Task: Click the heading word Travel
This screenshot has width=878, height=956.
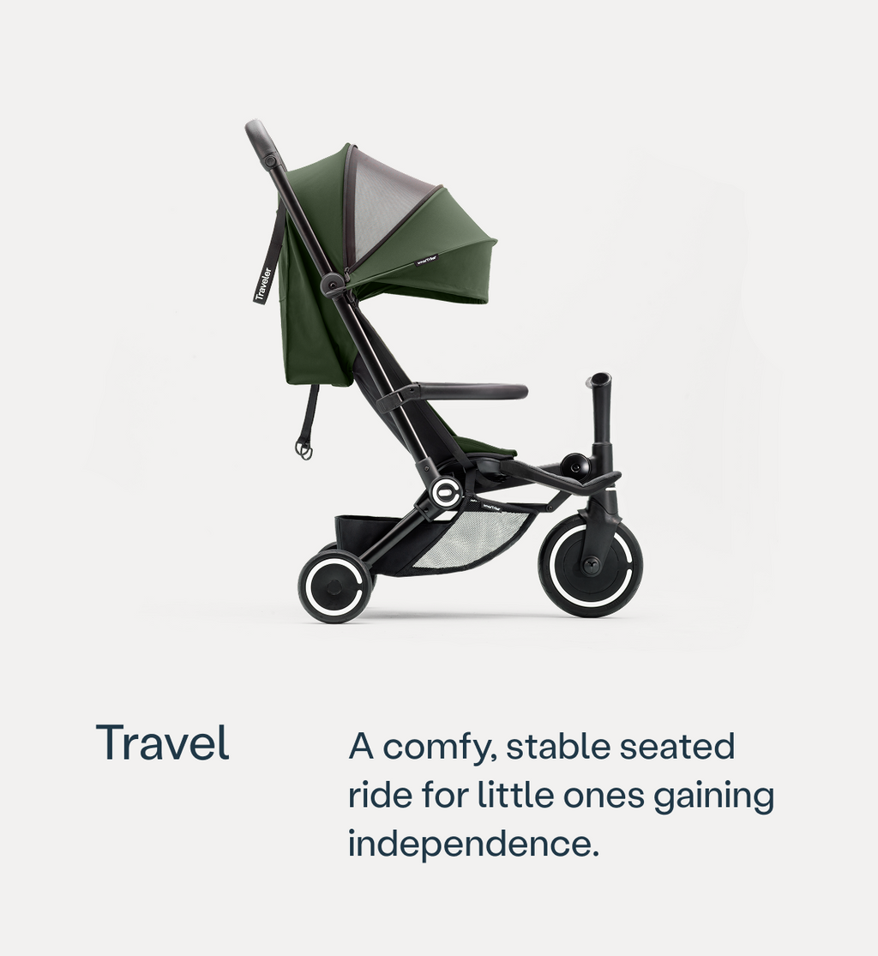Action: click(162, 743)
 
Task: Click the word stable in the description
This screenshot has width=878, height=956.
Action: click(556, 746)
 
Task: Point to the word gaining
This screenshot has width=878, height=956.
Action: click(713, 797)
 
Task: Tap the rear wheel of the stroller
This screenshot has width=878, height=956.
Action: click(334, 586)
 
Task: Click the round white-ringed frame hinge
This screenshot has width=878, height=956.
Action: click(446, 492)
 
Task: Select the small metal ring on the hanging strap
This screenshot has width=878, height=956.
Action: click(304, 448)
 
